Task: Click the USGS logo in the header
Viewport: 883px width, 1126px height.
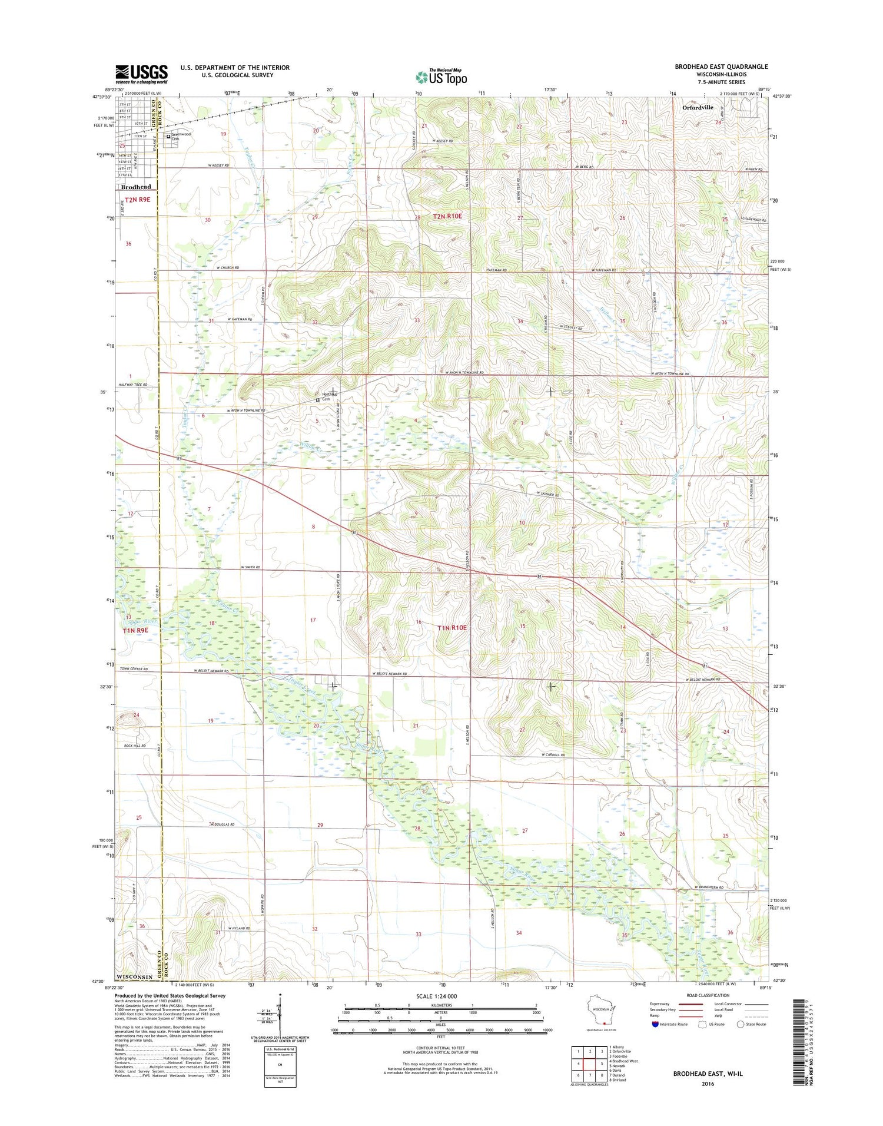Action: tap(141, 74)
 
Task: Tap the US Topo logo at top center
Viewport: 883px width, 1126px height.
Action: tap(441, 77)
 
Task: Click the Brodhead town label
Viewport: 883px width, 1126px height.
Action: tap(136, 187)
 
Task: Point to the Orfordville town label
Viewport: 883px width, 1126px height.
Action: tap(698, 107)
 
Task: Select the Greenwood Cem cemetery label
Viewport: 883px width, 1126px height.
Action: tap(181, 136)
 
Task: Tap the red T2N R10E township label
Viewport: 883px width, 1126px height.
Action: tap(447, 217)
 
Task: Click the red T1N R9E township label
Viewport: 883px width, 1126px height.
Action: tap(135, 630)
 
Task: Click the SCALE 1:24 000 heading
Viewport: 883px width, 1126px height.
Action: tap(436, 996)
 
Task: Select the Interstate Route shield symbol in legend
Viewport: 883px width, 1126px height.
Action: tap(655, 1024)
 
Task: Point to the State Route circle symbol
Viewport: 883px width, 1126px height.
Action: tap(740, 1024)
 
